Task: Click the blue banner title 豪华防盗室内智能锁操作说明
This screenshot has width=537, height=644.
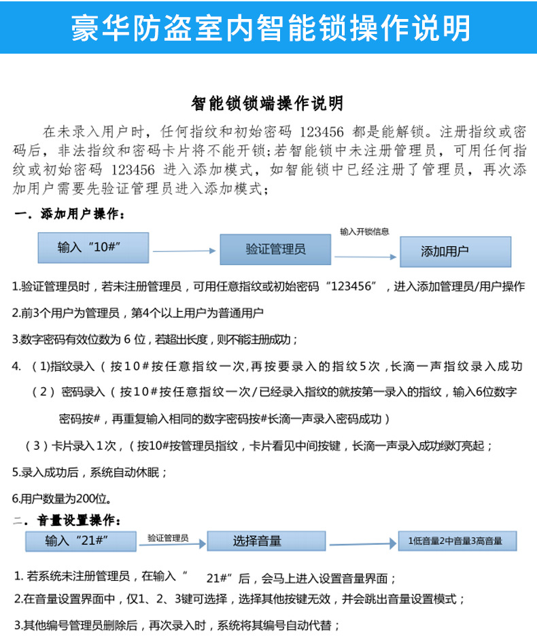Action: (271, 27)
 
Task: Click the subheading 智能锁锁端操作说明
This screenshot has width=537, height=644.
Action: (268, 104)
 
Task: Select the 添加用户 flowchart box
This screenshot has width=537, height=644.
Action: (455, 251)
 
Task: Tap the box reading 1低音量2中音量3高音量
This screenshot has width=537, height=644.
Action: (455, 541)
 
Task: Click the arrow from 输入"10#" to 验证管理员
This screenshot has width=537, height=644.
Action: (184, 251)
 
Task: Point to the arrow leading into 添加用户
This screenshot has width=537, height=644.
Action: (365, 257)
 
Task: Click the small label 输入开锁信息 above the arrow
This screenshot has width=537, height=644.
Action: (364, 232)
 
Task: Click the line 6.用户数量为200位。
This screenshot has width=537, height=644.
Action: (62, 499)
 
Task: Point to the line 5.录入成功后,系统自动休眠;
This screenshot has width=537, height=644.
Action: (90, 471)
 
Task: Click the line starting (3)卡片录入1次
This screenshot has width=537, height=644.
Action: (258, 446)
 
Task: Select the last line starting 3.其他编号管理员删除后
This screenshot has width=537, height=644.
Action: (177, 625)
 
